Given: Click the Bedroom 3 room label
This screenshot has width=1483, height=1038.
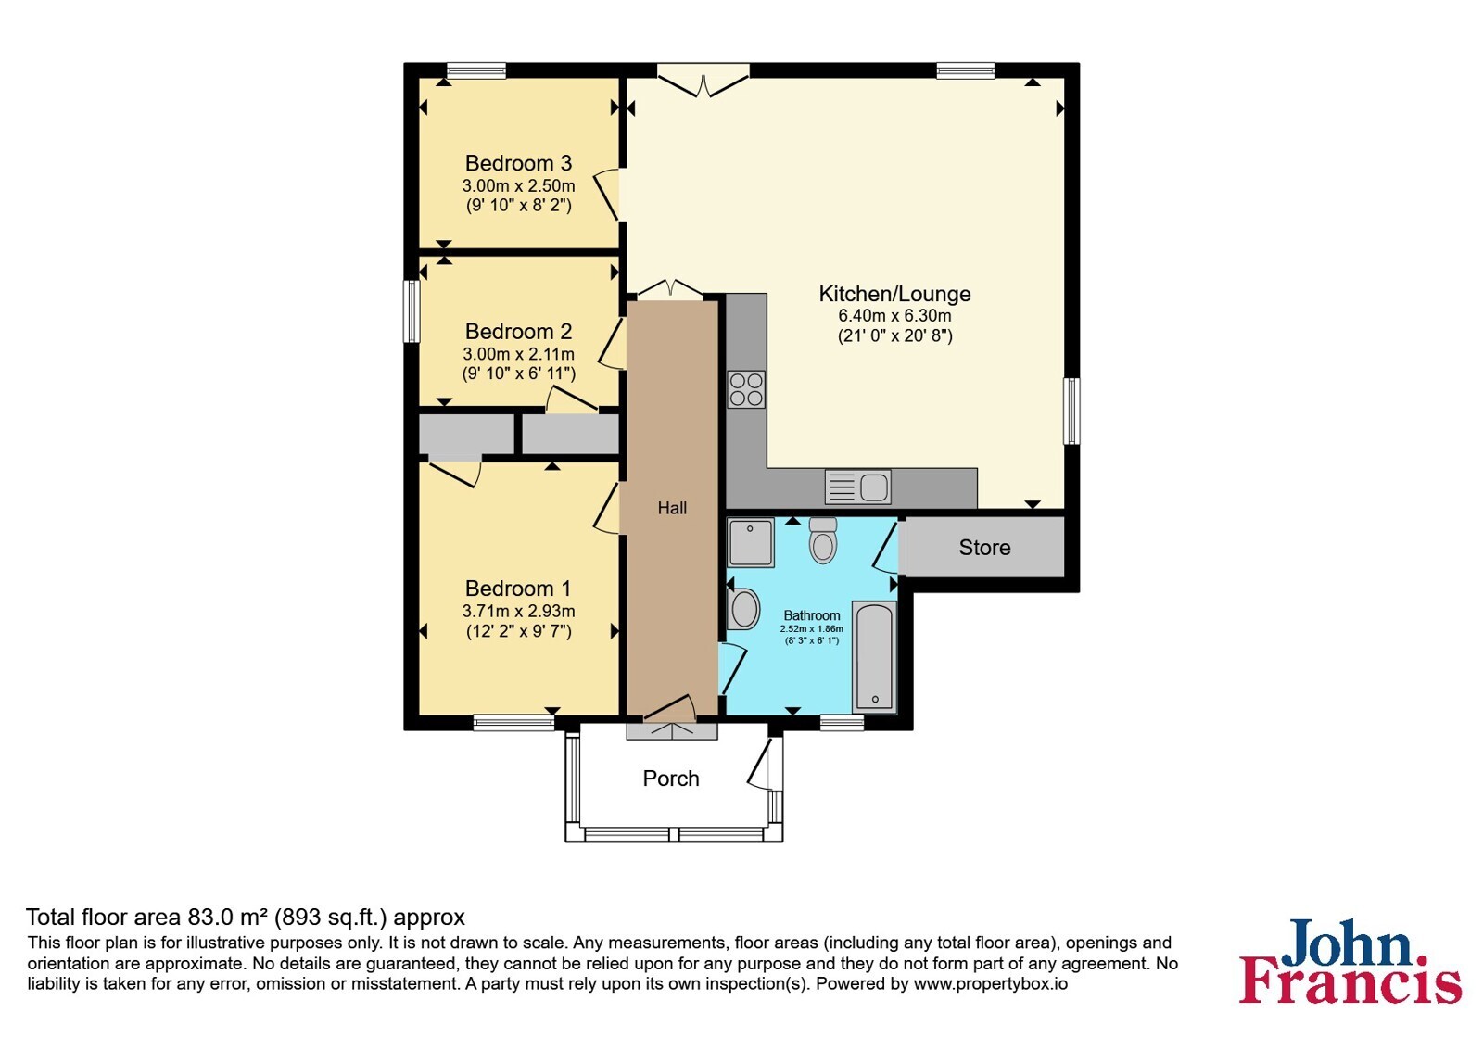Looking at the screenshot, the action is [x=518, y=163].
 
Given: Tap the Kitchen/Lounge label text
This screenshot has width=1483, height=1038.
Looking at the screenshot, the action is [x=895, y=294].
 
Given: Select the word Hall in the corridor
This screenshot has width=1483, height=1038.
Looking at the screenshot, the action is [x=672, y=509].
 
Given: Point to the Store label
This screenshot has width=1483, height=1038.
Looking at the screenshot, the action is [x=985, y=548].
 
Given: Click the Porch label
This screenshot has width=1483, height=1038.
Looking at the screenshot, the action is [x=671, y=778].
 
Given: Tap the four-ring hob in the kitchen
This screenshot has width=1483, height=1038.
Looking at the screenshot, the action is [x=746, y=389].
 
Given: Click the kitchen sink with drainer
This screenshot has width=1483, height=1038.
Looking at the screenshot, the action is [x=857, y=487].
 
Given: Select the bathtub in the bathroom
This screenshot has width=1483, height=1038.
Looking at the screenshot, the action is [x=875, y=657].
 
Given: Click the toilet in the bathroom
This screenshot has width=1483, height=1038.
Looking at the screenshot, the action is [x=823, y=541].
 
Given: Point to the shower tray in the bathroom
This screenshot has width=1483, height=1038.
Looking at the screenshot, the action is [x=750, y=543].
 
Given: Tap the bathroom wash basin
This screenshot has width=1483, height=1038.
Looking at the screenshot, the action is [x=743, y=609].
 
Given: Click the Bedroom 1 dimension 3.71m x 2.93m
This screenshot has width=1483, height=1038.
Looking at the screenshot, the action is [x=518, y=611].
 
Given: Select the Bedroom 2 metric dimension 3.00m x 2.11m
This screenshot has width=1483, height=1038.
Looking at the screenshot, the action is [x=518, y=354].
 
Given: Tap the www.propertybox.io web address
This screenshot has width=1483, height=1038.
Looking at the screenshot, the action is [x=991, y=983].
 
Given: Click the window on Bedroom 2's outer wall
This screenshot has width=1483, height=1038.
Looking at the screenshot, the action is [x=412, y=311].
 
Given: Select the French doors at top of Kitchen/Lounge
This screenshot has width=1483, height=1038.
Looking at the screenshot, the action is [x=703, y=80].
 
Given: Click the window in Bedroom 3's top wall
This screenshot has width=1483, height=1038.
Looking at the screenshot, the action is [x=476, y=70].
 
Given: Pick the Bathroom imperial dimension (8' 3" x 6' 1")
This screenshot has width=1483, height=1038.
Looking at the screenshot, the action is [x=812, y=640].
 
